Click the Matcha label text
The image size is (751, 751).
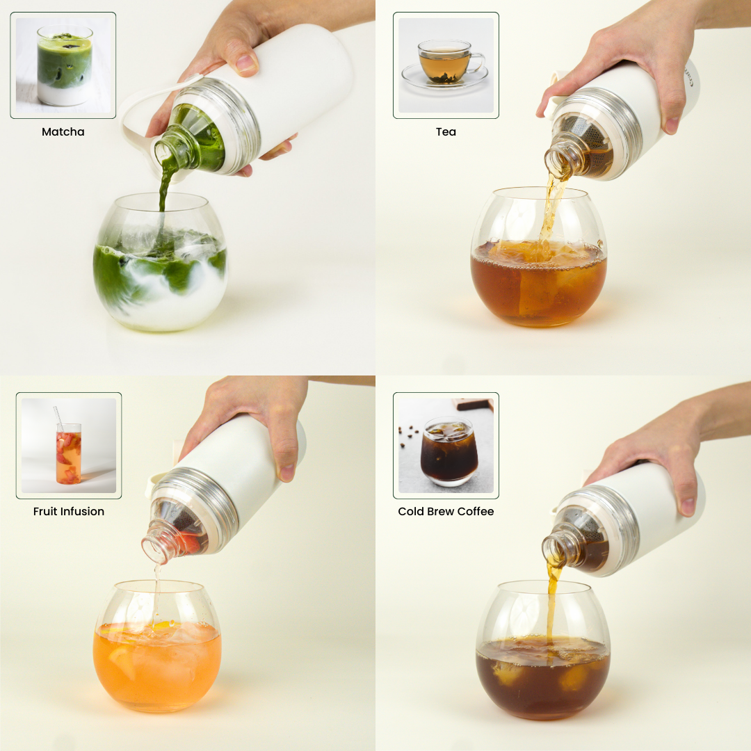pos(63,131)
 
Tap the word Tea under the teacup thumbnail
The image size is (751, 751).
pos(446,131)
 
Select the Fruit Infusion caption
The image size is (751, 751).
pos(68,511)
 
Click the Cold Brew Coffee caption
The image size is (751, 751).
pos(446,511)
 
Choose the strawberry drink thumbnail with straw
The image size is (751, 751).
pos(68,446)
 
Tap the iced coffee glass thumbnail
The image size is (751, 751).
pos(446,446)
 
